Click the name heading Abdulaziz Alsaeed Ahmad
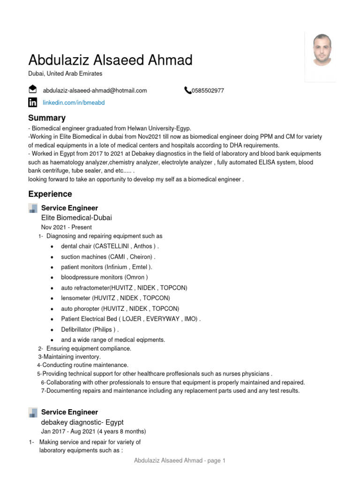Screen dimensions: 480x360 [x=110, y=60]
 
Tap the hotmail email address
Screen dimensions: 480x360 [x=95, y=90]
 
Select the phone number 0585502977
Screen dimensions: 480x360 [x=207, y=90]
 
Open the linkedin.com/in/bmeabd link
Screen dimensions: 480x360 [x=74, y=103]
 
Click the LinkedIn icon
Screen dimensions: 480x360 [x=33, y=103]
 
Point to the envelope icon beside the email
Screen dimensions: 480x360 [x=33, y=90]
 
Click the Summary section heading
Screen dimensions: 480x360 [x=47, y=118]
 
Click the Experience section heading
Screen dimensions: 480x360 [x=50, y=194]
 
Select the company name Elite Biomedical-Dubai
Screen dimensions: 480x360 [x=76, y=217]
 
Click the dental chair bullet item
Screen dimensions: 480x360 [x=110, y=246]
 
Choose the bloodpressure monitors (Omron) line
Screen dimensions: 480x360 [x=104, y=277]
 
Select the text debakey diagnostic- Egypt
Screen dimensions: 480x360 [x=82, y=422]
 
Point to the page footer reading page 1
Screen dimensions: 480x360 [x=180, y=461]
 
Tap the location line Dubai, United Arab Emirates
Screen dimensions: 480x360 [x=65, y=74]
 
